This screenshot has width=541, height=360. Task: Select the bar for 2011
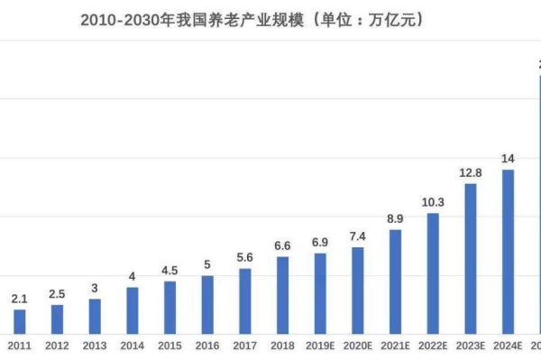point(20,322)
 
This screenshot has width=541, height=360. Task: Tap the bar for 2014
point(133,310)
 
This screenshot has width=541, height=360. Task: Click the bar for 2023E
point(471,259)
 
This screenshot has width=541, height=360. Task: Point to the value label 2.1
point(20,298)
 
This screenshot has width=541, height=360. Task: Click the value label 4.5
point(170,270)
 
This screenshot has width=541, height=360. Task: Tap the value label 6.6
point(282,245)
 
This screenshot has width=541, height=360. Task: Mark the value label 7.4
point(358,236)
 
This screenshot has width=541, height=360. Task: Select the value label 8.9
point(395,218)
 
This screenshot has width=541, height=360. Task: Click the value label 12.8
point(471,172)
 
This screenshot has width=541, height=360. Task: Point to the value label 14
point(508,158)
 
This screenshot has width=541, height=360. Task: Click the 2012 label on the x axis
point(57,346)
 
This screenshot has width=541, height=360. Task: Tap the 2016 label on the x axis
point(207,346)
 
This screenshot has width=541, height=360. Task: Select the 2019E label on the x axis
point(320,346)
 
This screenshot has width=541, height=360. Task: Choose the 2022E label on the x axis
point(433,346)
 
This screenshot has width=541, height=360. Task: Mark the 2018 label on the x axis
point(282,346)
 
